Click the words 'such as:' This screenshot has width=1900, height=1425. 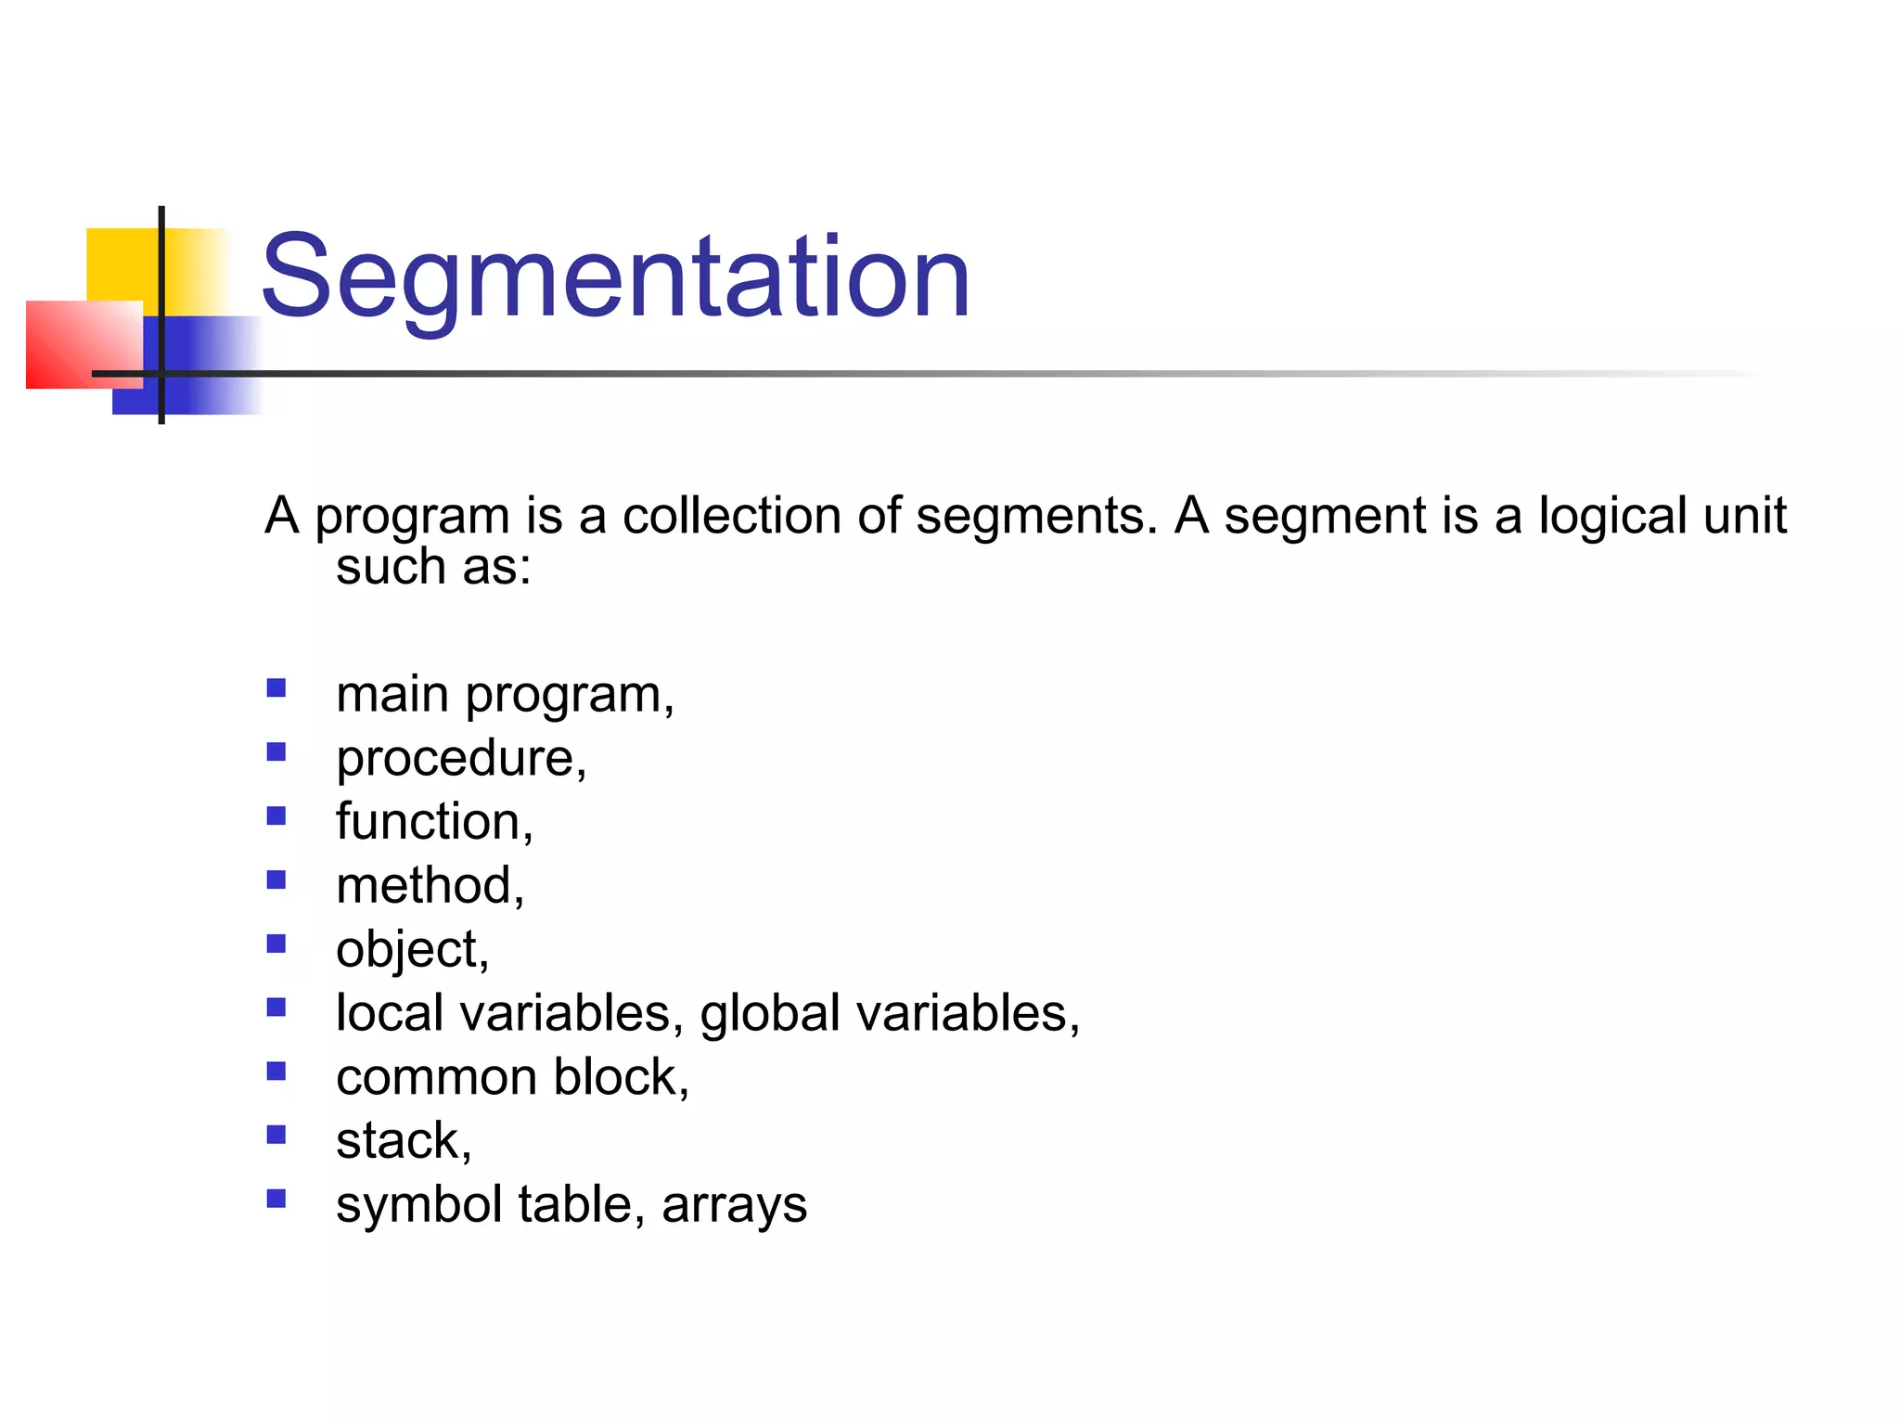coord(433,567)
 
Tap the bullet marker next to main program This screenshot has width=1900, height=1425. coord(276,688)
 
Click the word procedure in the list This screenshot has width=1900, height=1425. coord(455,758)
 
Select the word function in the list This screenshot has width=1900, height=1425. coord(428,822)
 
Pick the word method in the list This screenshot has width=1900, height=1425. coord(424,886)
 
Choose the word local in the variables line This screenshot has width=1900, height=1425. coord(390,1013)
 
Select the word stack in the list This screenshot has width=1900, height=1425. coord(398,1140)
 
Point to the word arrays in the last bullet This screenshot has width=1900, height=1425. coord(734,1205)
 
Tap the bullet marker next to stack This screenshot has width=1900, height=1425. coord(276,1135)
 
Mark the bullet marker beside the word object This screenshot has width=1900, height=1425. coord(276,944)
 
